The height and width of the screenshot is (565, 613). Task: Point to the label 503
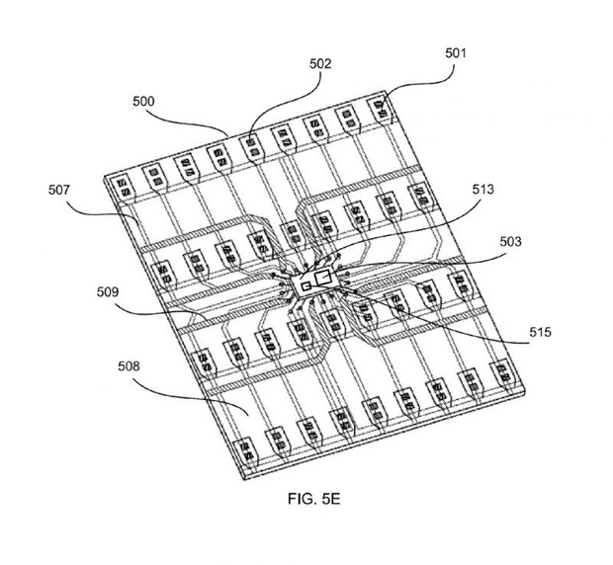pos(511,241)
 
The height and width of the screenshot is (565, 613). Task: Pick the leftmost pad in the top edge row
pos(126,185)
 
